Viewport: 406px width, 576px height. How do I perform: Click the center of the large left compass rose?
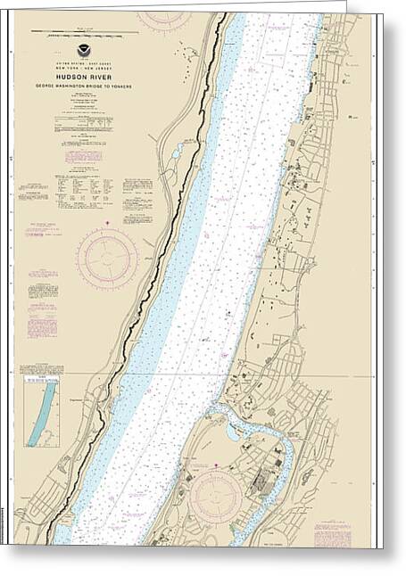coord(107,259)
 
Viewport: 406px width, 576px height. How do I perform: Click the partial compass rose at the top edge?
coord(164,17)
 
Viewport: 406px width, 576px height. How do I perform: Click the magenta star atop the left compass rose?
coord(107,222)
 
